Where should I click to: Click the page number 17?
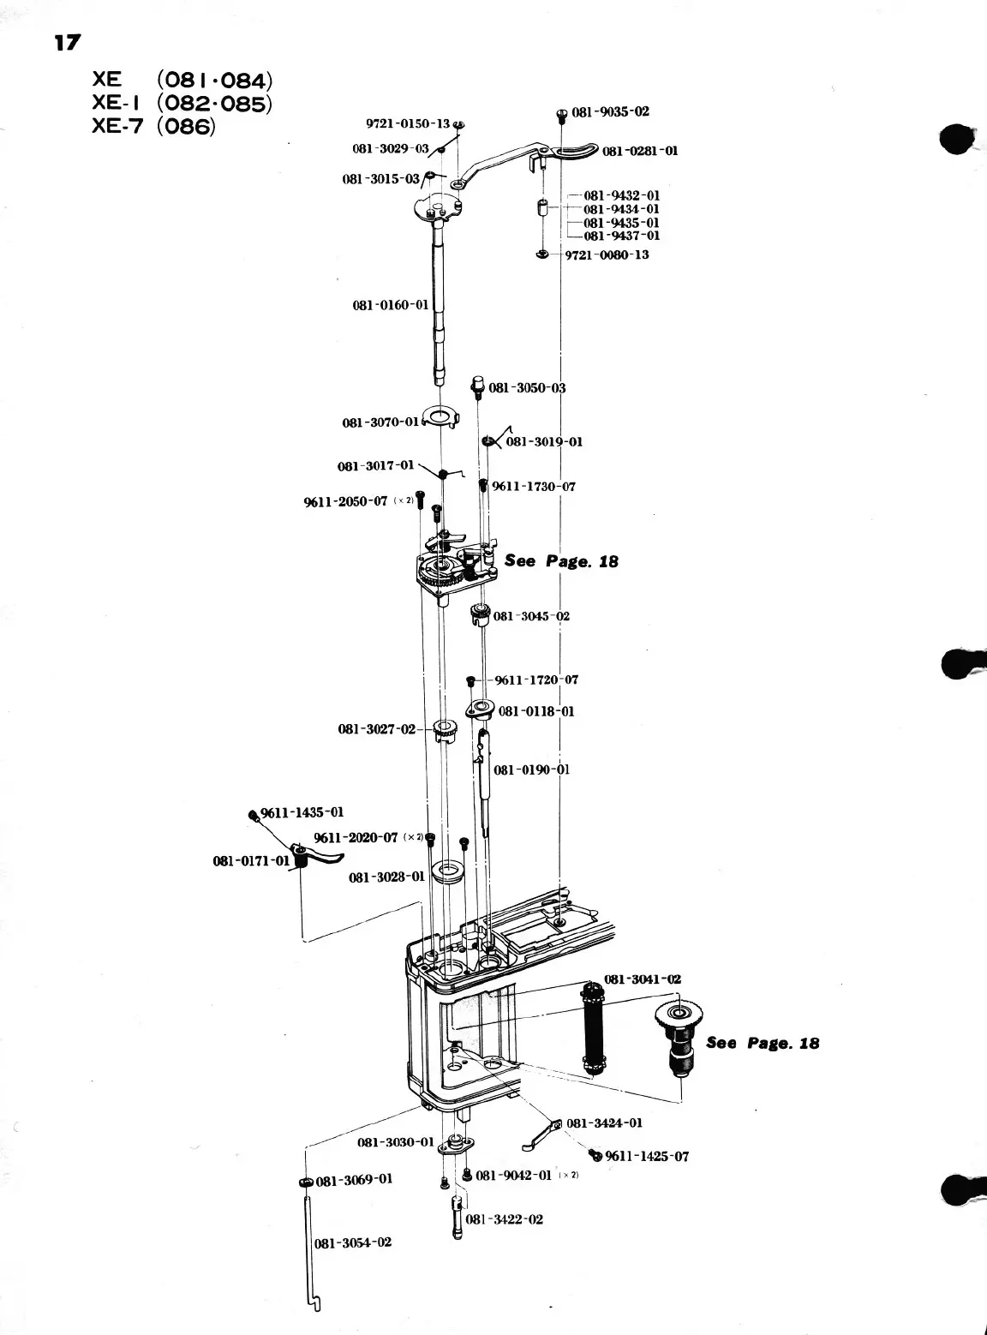[x=67, y=42]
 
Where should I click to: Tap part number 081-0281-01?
[x=639, y=151]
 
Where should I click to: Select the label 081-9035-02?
[x=610, y=111]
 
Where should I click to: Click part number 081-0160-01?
[x=390, y=305]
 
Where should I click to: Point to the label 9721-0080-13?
[x=607, y=254]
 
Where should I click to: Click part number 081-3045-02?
[x=531, y=616]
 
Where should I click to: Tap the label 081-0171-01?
[x=251, y=859]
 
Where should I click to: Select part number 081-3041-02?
[x=643, y=979]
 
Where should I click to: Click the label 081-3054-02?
[x=354, y=1242]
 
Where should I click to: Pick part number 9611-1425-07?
[x=646, y=1156]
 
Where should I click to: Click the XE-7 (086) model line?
[x=155, y=127]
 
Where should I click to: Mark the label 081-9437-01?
[x=621, y=236]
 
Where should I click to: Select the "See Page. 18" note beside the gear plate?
[x=561, y=561]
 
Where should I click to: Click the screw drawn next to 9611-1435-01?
[x=254, y=814]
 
